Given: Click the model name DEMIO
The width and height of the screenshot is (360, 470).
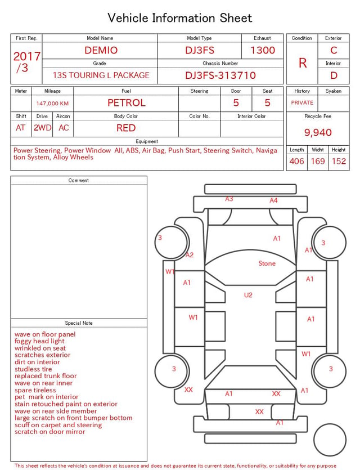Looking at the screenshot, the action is pos(101,50).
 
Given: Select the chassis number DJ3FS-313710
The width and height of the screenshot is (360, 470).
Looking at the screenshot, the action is pos(220,75).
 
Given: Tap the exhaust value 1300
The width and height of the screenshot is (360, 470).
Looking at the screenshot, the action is pos(263,50).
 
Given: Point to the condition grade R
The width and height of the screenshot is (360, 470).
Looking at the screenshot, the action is pos(303,63).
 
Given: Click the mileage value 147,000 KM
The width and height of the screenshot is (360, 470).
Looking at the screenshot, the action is pos(52,104).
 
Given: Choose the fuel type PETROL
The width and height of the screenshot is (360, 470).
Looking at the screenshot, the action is pos(127,103).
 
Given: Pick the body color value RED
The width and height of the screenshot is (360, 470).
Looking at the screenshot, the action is pos(126,128).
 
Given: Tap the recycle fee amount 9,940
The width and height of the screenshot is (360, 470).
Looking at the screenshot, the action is pos(318,132).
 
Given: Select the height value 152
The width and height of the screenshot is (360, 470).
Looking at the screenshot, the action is pos(339,161).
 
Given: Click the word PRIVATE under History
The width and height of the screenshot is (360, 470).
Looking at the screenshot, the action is pos(302,102).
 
